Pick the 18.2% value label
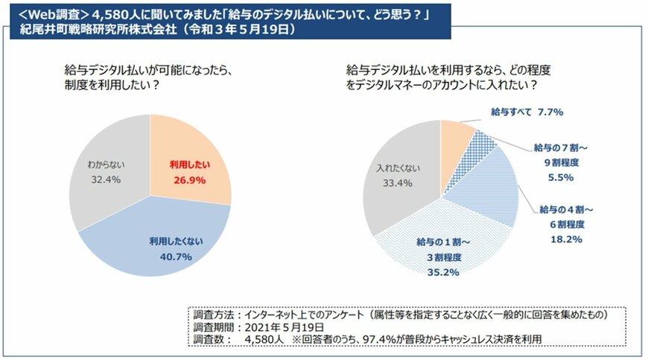pos(568,239)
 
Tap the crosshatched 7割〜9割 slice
pos(482,147)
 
